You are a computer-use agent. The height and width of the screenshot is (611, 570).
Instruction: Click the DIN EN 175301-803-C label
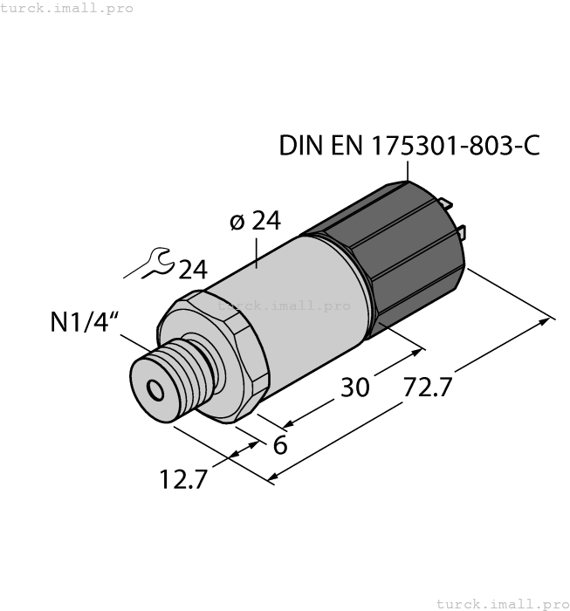pyautogui.click(x=409, y=146)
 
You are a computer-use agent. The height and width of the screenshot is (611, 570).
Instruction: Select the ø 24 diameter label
pyautogui.click(x=255, y=222)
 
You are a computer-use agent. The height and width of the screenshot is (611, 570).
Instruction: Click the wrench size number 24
pyautogui.click(x=193, y=270)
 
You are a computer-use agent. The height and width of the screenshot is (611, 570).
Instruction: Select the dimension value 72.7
pyautogui.click(x=428, y=387)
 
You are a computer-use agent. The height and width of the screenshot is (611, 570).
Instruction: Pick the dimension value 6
pyautogui.click(x=280, y=444)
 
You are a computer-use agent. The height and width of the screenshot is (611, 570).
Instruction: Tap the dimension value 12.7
pyautogui.click(x=183, y=478)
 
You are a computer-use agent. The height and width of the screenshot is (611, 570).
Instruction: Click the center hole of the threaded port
pyautogui.click(x=155, y=388)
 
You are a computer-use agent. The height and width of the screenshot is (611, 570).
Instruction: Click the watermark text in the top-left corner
pyautogui.click(x=67, y=8)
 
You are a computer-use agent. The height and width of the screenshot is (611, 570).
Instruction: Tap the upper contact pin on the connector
pyautogui.click(x=449, y=205)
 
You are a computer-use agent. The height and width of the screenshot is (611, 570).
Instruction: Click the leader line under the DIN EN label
pyautogui.click(x=408, y=171)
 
